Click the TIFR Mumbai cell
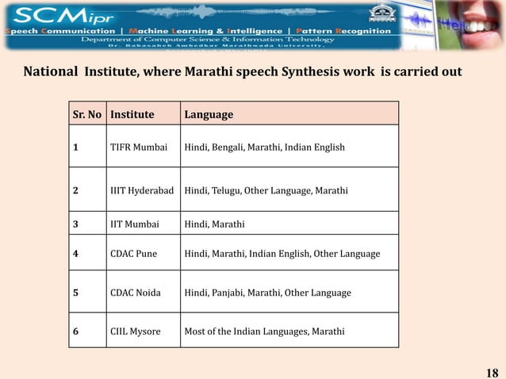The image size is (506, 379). click(139, 146)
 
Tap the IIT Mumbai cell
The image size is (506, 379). click(135, 224)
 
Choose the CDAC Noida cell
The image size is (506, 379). click(136, 293)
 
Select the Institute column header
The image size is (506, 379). click(132, 114)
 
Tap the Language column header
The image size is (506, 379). click(209, 114)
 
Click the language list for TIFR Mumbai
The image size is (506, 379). click(264, 146)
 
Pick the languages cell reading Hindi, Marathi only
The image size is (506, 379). click(214, 224)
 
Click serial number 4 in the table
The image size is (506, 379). click(75, 254)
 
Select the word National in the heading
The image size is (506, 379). click(50, 73)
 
